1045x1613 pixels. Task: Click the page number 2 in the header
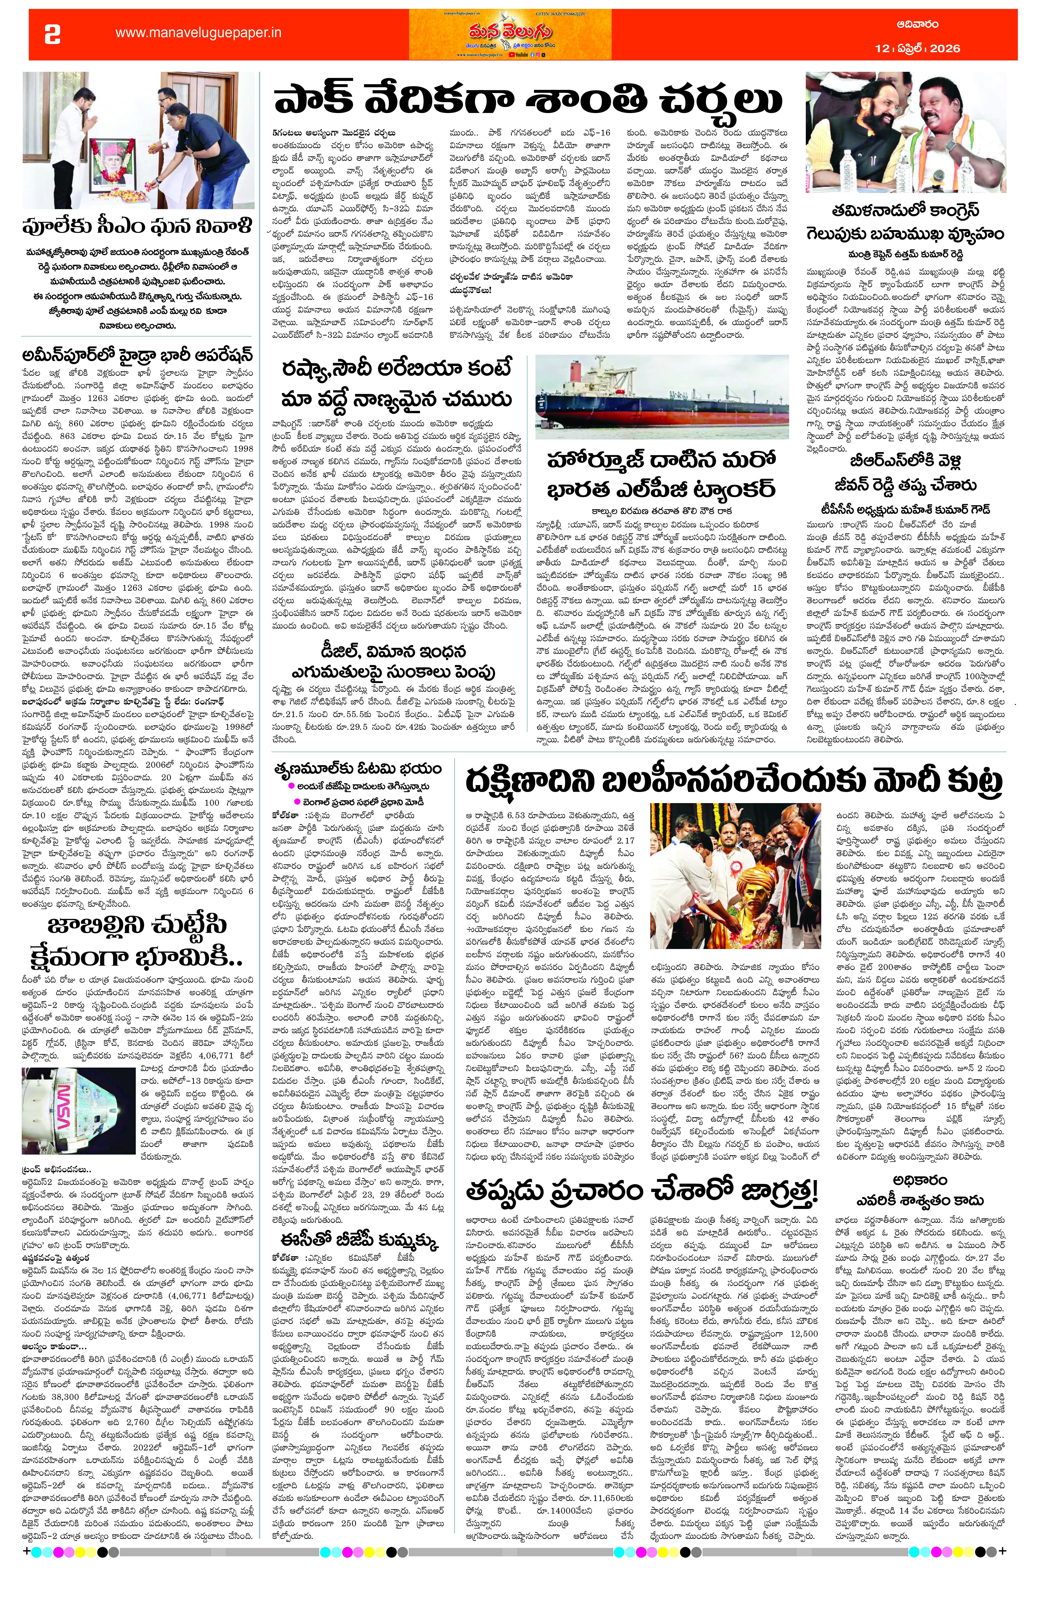tap(52, 34)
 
